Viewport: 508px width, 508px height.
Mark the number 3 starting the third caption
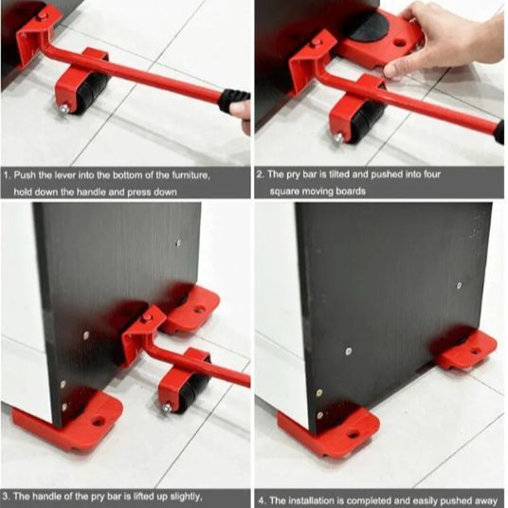click(x=6, y=495)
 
